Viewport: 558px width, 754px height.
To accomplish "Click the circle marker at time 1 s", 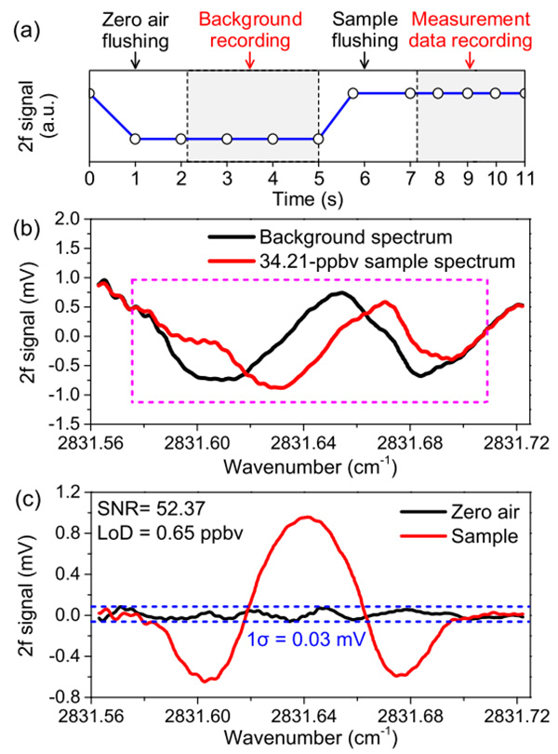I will point(135,139).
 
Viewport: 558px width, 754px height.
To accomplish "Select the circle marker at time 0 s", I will point(89,93).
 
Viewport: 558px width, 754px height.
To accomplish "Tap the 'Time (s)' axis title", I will point(307,197).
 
